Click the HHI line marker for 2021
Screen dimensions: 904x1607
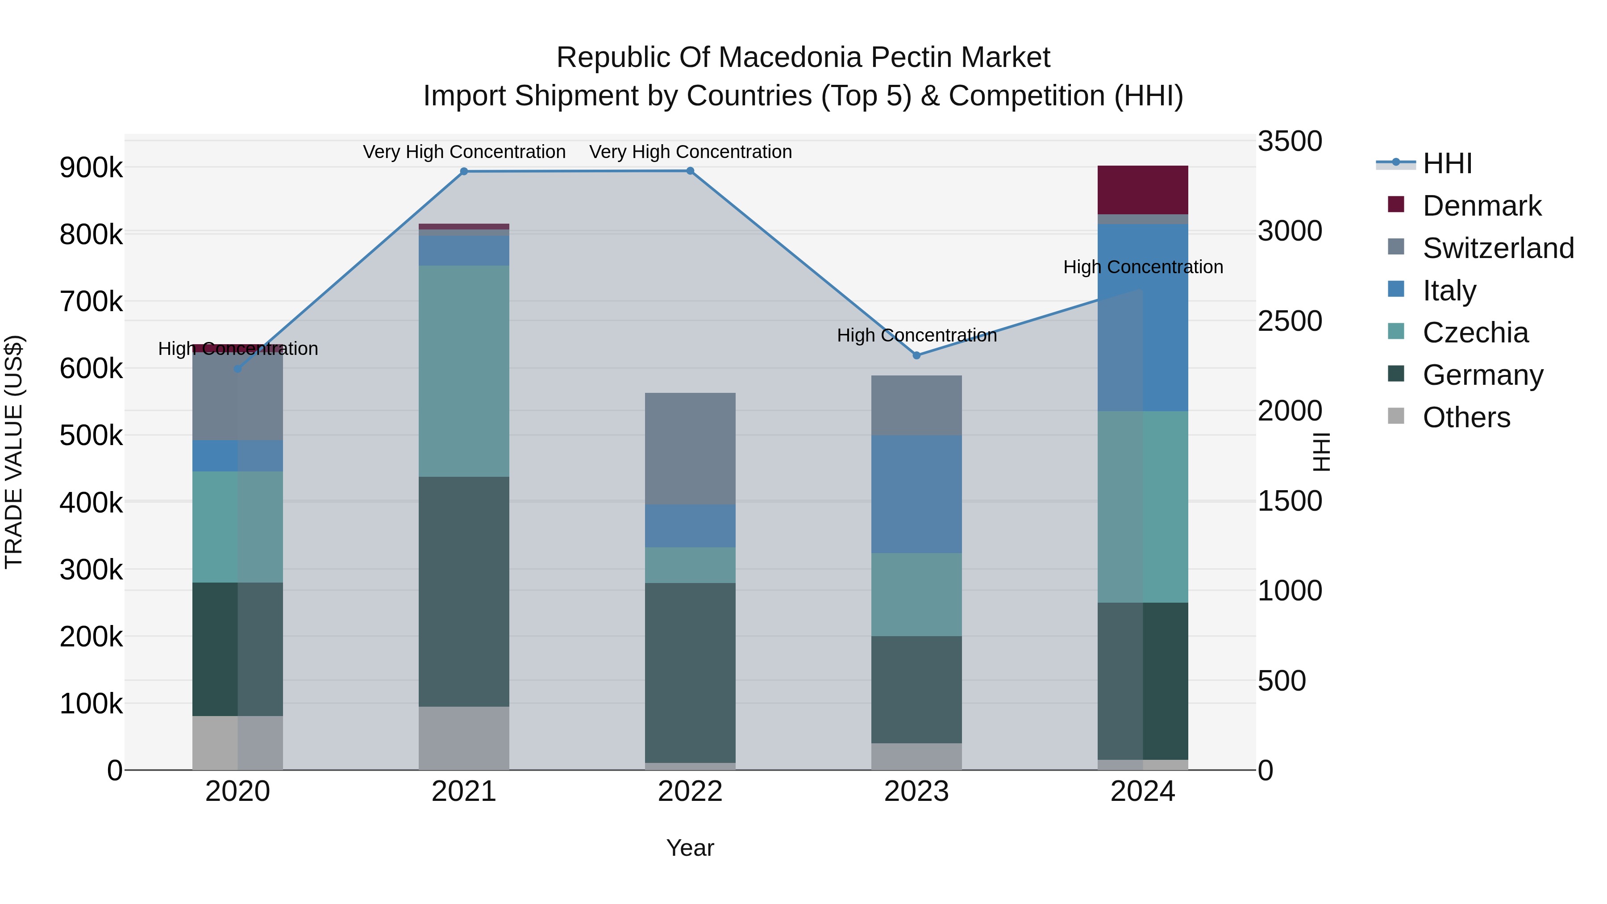tap(463, 171)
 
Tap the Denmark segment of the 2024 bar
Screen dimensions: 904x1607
tap(1143, 190)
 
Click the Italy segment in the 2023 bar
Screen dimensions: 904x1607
tap(916, 494)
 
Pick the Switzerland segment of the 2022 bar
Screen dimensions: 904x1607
tap(690, 449)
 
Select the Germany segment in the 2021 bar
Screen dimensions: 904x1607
tap(463, 592)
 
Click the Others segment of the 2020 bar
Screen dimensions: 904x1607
tap(237, 742)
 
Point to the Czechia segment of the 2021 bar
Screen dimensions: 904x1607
tap(463, 371)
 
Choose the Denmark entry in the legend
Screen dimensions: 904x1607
tap(1482, 206)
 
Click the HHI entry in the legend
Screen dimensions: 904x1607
tap(1447, 163)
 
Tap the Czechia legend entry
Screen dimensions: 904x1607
tap(1475, 333)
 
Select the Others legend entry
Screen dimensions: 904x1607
tap(1466, 417)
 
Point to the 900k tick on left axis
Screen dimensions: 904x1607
tap(91, 168)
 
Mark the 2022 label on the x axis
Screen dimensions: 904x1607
tap(690, 792)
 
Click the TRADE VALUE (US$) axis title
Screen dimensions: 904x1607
tap(14, 452)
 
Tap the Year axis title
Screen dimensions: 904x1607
tap(690, 848)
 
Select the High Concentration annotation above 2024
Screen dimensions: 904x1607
tap(1143, 267)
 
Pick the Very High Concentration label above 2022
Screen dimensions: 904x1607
tap(690, 152)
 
